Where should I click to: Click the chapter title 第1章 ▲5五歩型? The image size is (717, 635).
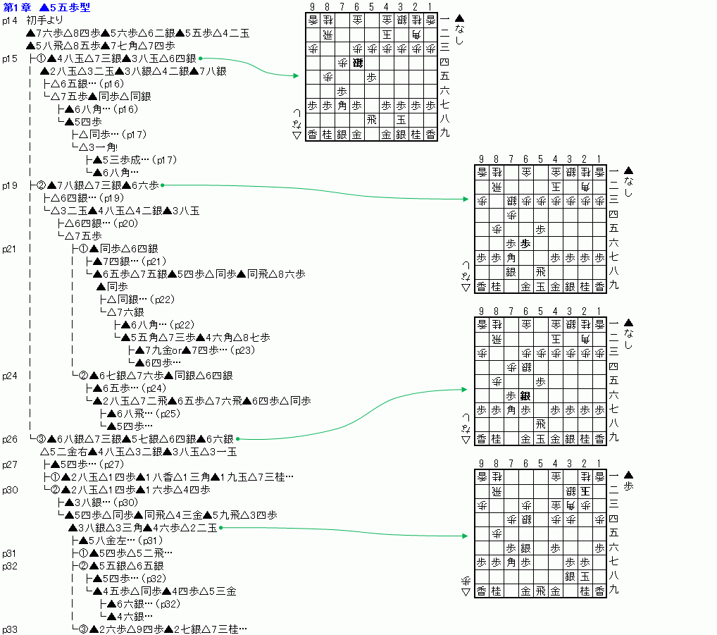(46, 7)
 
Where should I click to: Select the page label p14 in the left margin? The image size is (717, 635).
(9, 20)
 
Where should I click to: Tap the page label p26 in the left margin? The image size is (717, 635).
(9, 439)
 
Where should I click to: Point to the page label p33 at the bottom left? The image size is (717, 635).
(9, 629)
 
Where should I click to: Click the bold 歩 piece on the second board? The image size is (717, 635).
(525, 244)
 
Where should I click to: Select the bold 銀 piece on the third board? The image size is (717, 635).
(525, 396)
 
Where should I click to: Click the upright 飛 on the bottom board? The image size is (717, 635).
(540, 591)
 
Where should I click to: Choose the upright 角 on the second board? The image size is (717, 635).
(511, 258)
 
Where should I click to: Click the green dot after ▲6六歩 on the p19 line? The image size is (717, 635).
(162, 185)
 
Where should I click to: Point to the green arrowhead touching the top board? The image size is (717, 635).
(297, 75)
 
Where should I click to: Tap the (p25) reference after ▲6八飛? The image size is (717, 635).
(168, 414)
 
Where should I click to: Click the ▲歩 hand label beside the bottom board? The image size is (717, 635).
(629, 482)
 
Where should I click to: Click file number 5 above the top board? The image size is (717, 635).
(371, 6)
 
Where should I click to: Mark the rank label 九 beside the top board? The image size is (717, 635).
(444, 134)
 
